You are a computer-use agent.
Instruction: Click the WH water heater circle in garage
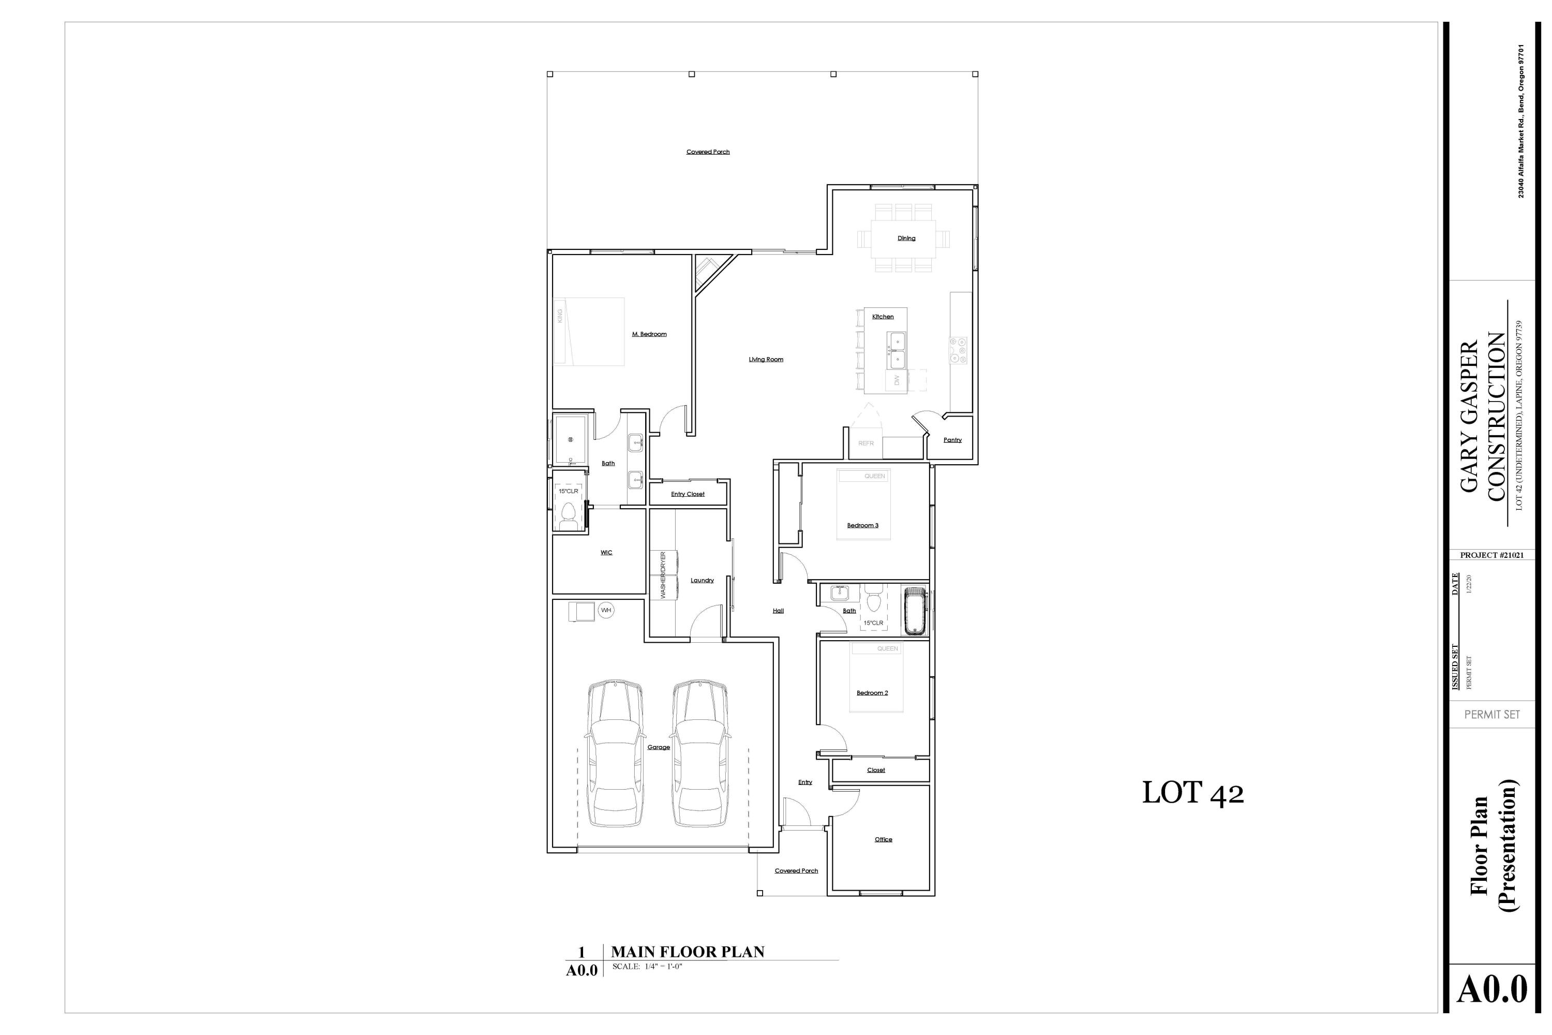tap(606, 610)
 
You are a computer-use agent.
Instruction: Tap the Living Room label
tap(766, 360)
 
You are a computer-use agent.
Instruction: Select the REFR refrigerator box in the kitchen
tap(865, 443)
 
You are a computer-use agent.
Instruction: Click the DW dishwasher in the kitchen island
tap(896, 380)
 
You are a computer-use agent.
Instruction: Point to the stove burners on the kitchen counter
tap(958, 350)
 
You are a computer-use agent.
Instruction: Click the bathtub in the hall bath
tap(915, 611)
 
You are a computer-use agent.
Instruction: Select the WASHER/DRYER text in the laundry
tap(663, 575)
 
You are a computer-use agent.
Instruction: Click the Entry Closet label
tap(688, 494)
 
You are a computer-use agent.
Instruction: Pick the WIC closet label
tap(606, 553)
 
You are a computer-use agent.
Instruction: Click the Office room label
tap(883, 839)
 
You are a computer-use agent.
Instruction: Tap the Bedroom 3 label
tap(862, 525)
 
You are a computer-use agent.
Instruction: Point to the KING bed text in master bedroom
tap(560, 316)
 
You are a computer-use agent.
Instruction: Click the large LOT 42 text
tap(1192, 793)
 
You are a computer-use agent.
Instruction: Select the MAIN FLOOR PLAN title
tap(687, 952)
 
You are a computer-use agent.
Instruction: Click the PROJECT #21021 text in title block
tap(1491, 555)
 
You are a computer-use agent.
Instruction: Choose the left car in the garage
tap(615, 754)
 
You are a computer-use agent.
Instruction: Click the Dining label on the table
tap(906, 238)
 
